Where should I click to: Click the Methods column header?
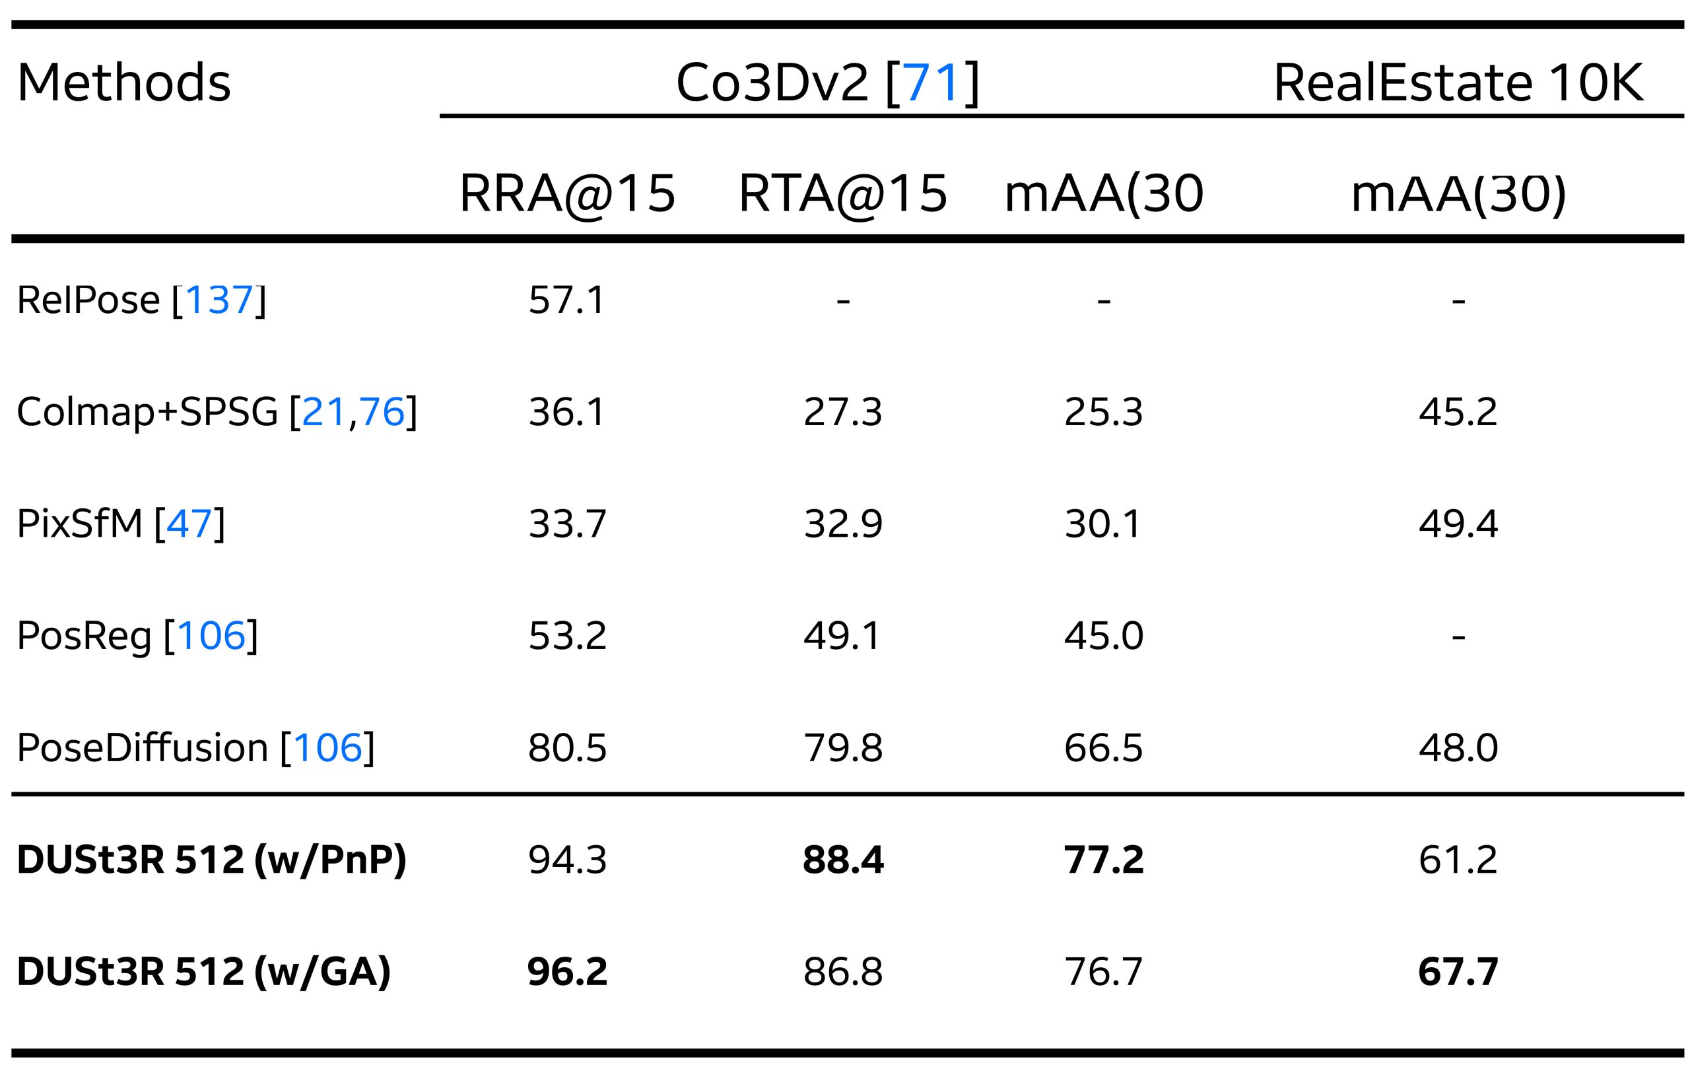point(123,83)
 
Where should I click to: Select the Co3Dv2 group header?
point(827,83)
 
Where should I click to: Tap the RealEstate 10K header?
point(1458,83)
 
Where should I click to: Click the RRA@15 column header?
point(567,193)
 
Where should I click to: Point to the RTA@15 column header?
point(842,193)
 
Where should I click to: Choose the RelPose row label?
point(141,300)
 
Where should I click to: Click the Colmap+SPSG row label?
point(217,412)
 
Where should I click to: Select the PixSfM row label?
point(121,524)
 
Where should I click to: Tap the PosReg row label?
point(137,635)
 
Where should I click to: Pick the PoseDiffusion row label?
point(195,747)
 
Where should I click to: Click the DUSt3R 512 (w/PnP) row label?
point(211,860)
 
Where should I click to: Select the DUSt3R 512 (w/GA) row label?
point(203,971)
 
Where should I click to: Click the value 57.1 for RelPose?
point(567,300)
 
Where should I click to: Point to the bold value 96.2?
point(567,971)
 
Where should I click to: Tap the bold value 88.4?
point(843,860)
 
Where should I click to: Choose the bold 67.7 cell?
point(1458,971)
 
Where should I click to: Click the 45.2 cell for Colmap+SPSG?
point(1458,412)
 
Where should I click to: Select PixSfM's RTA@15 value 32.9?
point(843,524)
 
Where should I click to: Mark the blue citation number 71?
point(931,83)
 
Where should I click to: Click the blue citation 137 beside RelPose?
point(219,300)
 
